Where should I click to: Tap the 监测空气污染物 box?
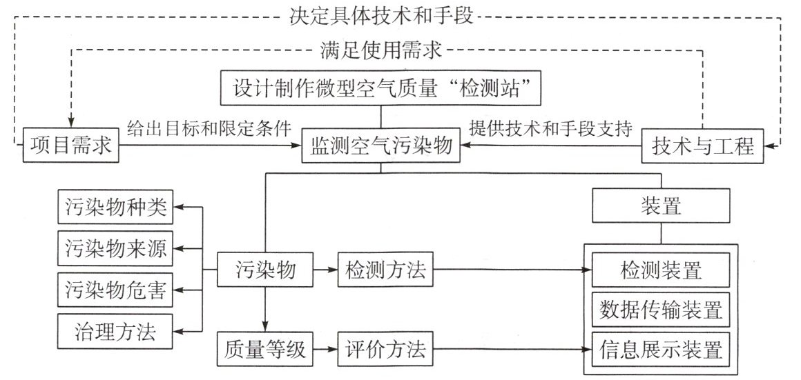pyautogui.click(x=381, y=146)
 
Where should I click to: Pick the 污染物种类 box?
pyautogui.click(x=116, y=207)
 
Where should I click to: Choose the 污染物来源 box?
pyautogui.click(x=116, y=248)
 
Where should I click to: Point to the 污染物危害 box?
pyautogui.click(x=116, y=290)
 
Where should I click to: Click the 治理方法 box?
pyautogui.click(x=116, y=332)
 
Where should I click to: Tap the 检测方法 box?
pyautogui.click(x=385, y=271)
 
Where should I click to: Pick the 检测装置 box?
pyautogui.click(x=661, y=270)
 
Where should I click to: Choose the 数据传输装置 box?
pyautogui.click(x=661, y=310)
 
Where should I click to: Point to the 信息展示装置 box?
pyautogui.click(x=661, y=349)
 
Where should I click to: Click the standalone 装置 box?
pyautogui.click(x=661, y=206)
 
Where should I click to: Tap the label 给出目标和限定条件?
pyautogui.click(x=209, y=128)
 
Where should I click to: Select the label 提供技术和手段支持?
pyautogui.click(x=550, y=128)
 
